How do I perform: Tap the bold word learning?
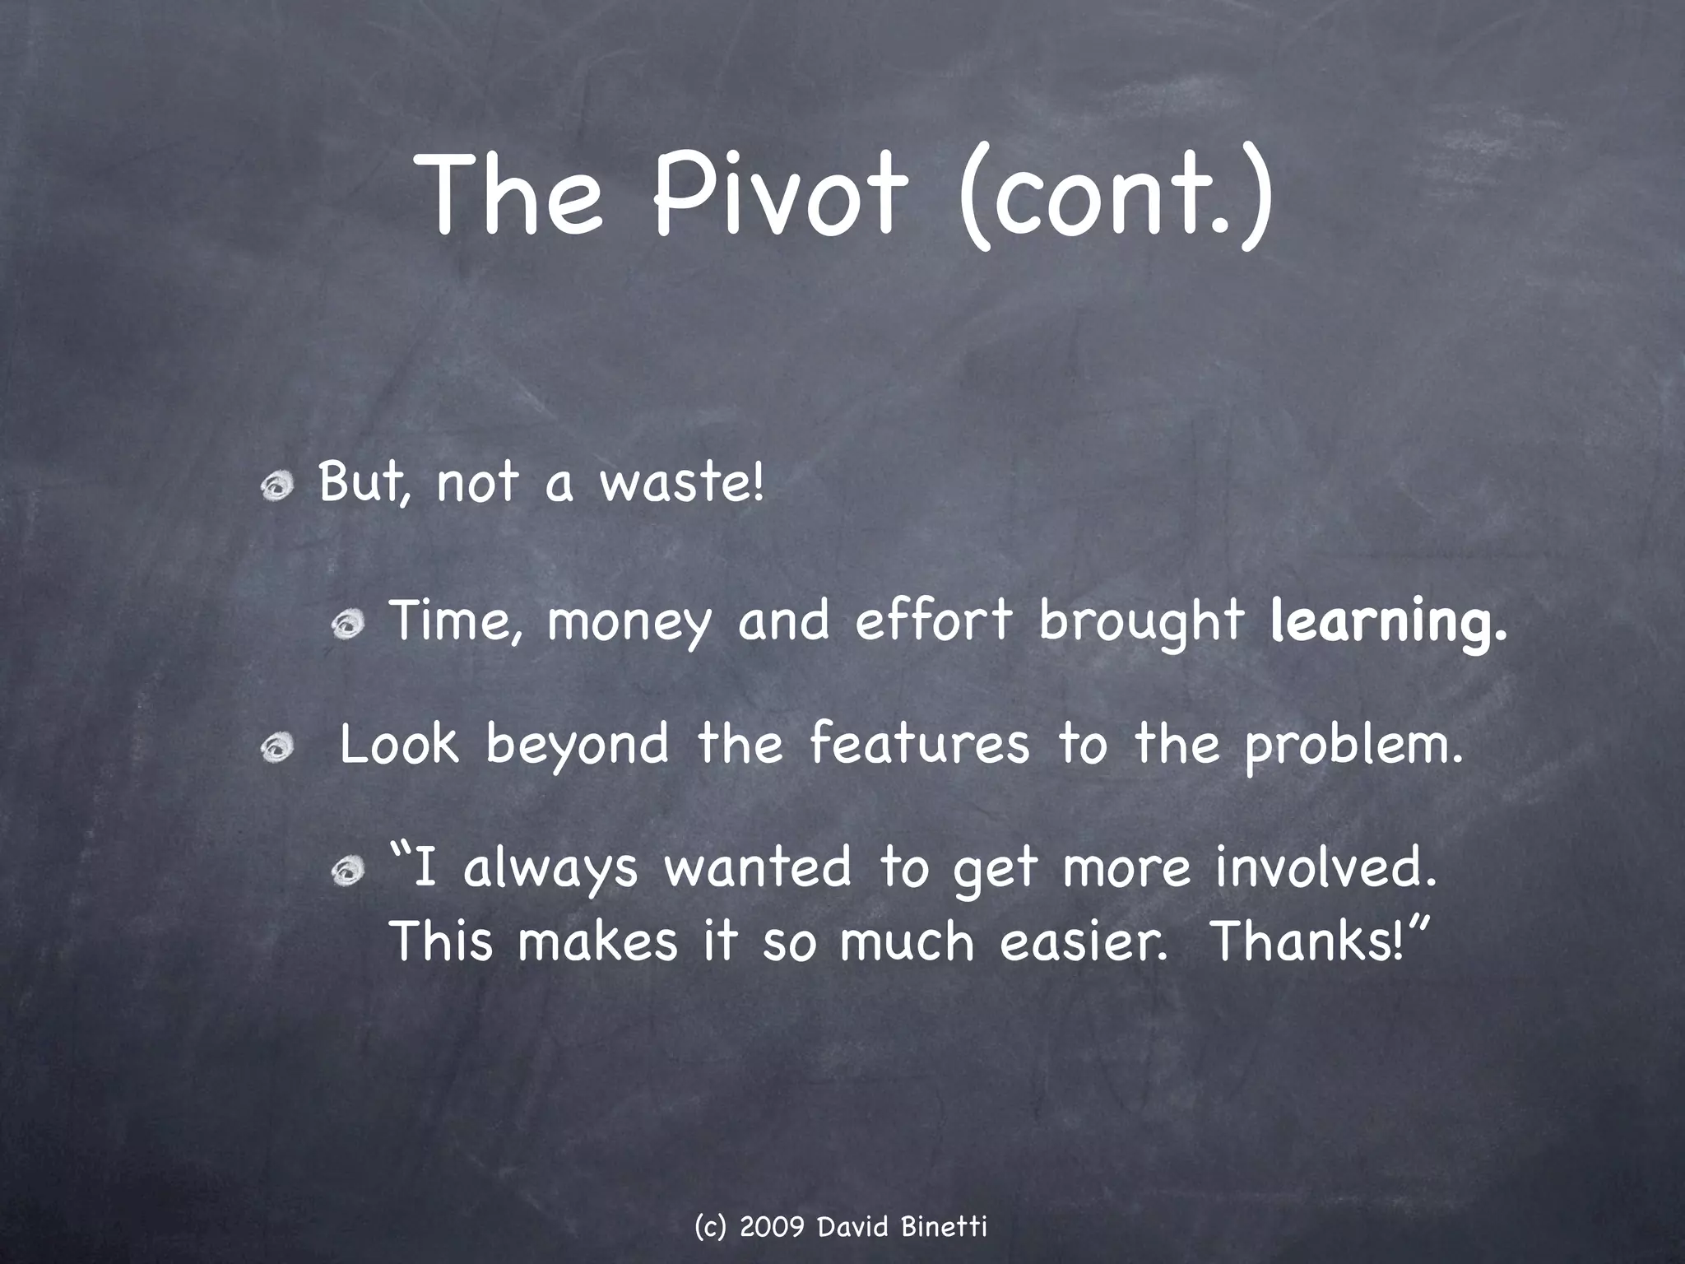(1389, 624)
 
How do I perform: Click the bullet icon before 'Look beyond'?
(277, 749)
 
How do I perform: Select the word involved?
(1325, 869)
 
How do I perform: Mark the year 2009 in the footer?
(772, 1227)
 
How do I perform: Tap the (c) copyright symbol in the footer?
(710, 1227)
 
